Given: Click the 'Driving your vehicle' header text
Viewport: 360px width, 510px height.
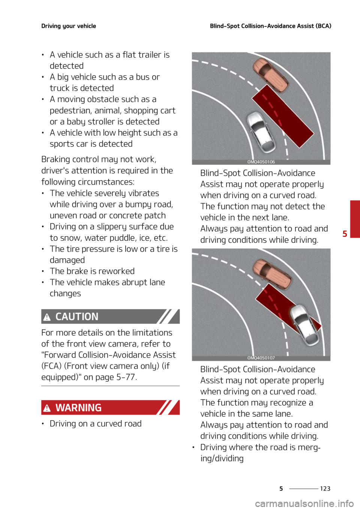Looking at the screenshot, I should pyautogui.click(x=69, y=26).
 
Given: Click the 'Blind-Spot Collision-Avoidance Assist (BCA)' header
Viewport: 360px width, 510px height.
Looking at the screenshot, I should pyautogui.click(x=270, y=26).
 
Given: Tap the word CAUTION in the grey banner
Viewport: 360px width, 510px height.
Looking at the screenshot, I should pyautogui.click(x=77, y=316).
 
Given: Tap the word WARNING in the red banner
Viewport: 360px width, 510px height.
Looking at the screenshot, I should pyautogui.click(x=78, y=408).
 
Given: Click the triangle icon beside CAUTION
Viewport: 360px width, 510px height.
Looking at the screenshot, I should pyautogui.click(x=47, y=318).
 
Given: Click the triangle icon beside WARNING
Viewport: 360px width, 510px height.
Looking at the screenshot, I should pyautogui.click(x=47, y=408).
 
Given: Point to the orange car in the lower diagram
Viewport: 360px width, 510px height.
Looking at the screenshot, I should pyautogui.click(x=272, y=274).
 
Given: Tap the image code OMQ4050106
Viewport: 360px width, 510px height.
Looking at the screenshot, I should pyautogui.click(x=261, y=162).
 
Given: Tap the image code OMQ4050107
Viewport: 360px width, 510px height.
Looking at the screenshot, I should pyautogui.click(x=261, y=358).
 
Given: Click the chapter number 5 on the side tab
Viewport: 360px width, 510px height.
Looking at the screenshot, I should pyautogui.click(x=345, y=234).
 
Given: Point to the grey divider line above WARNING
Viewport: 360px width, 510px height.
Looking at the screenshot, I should pyautogui.click(x=110, y=385).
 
